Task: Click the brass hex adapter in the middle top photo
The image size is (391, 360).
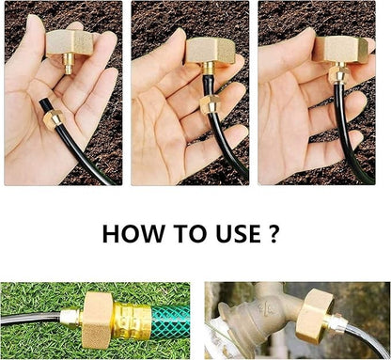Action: click(208, 51)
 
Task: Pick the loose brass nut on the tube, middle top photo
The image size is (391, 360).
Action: click(211, 103)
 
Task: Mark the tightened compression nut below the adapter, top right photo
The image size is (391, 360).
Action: click(336, 76)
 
